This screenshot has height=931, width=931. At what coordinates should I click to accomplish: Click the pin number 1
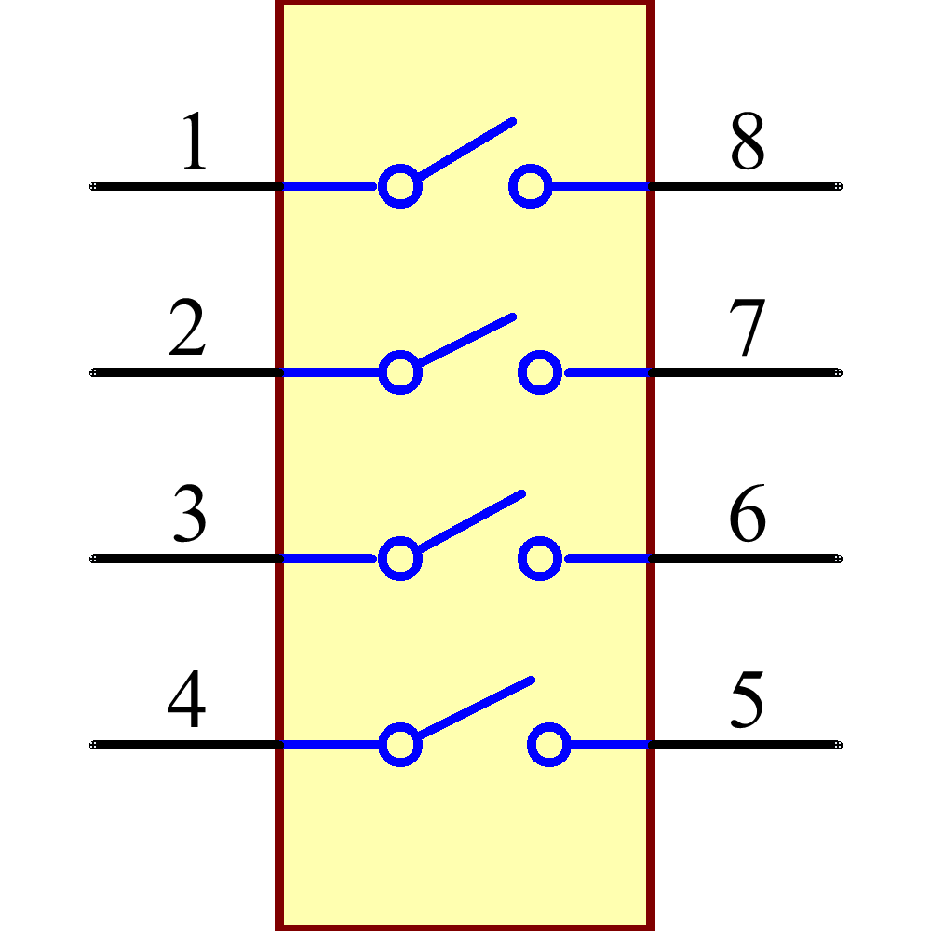click(194, 142)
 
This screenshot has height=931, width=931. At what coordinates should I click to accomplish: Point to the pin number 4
click(186, 700)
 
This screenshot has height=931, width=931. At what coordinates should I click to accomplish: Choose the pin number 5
click(747, 700)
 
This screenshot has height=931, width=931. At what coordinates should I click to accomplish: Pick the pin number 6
click(747, 514)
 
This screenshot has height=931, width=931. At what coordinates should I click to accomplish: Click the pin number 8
click(747, 142)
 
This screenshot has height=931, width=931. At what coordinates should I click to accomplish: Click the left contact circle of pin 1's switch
click(400, 186)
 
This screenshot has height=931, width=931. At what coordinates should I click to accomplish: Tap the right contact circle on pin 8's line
click(530, 186)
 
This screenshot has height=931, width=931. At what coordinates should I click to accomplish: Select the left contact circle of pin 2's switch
click(400, 372)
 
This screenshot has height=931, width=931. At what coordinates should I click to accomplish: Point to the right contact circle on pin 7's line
click(539, 372)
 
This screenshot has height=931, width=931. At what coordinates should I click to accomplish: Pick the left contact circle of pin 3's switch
click(400, 559)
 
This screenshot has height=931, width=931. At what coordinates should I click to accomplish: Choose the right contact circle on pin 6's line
click(539, 559)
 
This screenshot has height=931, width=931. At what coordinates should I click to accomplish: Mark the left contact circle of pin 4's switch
click(400, 745)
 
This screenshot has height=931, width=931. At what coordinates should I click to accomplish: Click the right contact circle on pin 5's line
click(548, 745)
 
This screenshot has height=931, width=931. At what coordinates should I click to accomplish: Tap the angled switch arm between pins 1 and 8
click(465, 148)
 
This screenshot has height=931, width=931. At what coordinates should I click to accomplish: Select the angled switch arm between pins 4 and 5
click(476, 708)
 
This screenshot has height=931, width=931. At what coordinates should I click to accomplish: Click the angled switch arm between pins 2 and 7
click(465, 340)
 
